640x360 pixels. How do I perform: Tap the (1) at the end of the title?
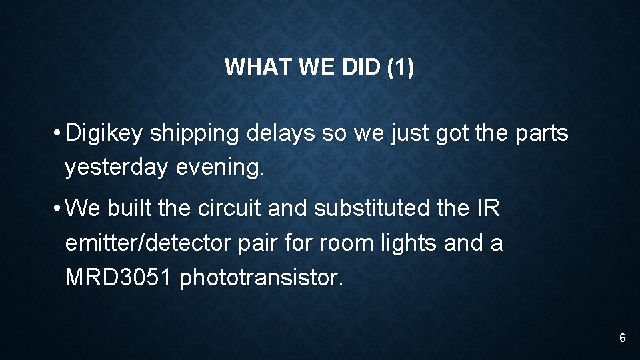point(400,67)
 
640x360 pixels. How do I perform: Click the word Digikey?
point(105,134)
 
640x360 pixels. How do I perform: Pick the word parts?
point(542,134)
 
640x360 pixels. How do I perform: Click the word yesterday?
point(116,168)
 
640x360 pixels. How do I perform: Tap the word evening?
point(220,168)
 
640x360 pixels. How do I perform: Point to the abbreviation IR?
point(488,209)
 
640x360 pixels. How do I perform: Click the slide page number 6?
point(622,339)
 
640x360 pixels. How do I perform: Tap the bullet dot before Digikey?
point(59,134)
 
